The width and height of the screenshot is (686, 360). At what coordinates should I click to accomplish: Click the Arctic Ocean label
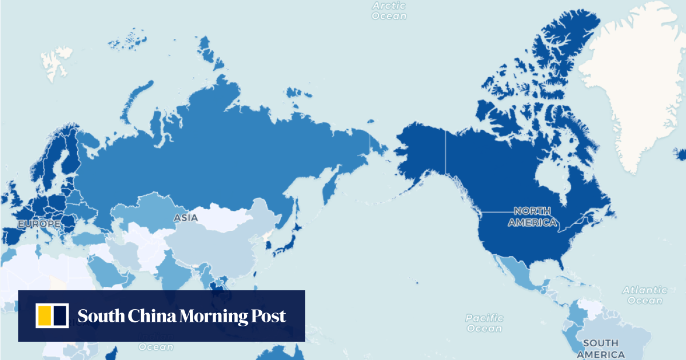tap(389, 11)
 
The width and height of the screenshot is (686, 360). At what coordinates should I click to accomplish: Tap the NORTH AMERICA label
tap(532, 217)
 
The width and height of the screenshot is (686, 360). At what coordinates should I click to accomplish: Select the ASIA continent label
tap(186, 218)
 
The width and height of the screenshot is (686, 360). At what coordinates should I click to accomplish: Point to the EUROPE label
tap(39, 224)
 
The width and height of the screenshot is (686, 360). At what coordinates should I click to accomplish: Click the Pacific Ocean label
tap(484, 323)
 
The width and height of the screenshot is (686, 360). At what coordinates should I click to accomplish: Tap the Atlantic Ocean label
tap(645, 295)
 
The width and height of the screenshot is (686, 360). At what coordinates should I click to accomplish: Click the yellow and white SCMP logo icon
tap(52, 316)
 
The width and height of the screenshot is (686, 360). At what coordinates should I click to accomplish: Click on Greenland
tap(635, 86)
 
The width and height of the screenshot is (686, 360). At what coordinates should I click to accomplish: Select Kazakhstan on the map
tap(143, 211)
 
